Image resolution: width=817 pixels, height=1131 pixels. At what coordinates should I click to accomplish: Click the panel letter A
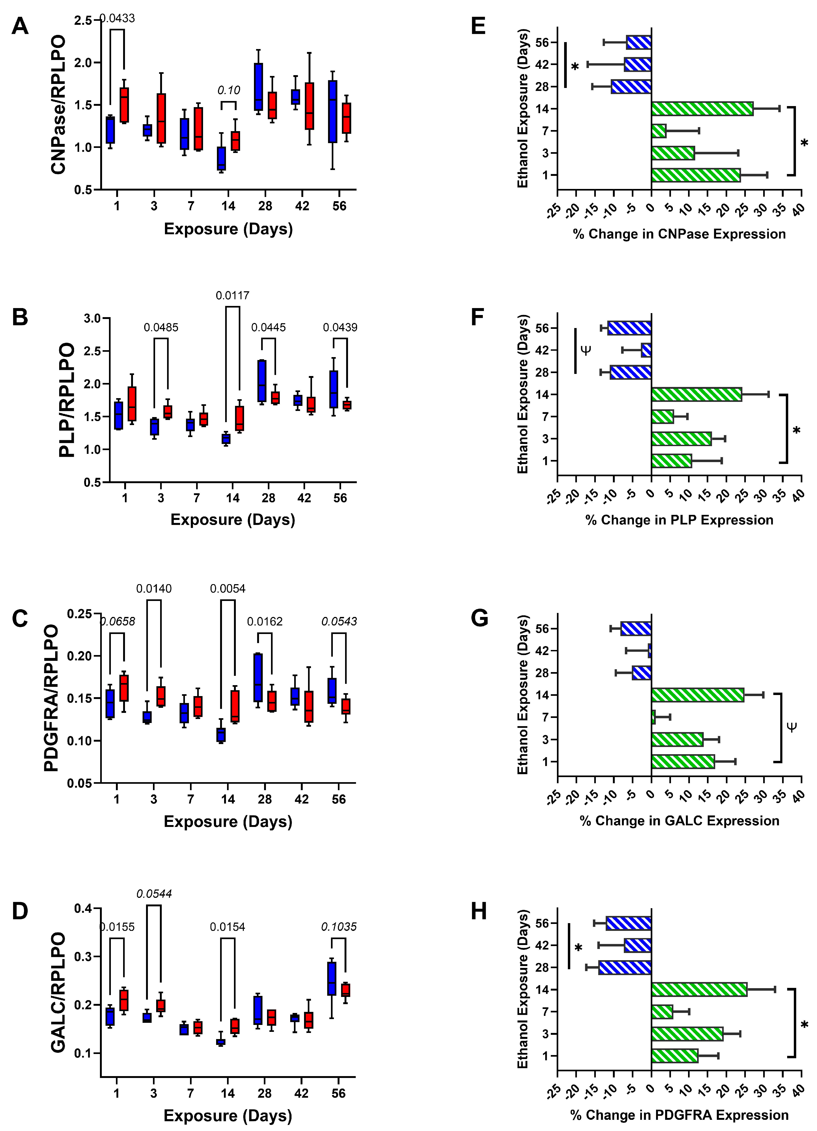pos(20,26)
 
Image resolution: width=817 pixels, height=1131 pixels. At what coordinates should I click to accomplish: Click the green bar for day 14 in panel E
pos(702,109)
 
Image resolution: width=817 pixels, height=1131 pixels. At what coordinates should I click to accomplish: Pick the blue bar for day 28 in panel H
pos(625,967)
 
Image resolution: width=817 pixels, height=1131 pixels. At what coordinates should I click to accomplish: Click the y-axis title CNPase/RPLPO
pos(59,105)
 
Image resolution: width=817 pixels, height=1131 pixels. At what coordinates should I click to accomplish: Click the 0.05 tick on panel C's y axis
pos(80,783)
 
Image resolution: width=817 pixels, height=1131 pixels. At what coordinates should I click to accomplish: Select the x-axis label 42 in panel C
pos(301,799)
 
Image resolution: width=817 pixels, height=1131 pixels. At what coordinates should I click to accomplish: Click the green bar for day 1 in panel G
pos(683,761)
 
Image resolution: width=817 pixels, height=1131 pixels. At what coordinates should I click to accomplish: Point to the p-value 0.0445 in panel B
pos(268,328)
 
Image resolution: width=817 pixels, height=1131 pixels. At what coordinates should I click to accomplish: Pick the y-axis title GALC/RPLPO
pos(59,992)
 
